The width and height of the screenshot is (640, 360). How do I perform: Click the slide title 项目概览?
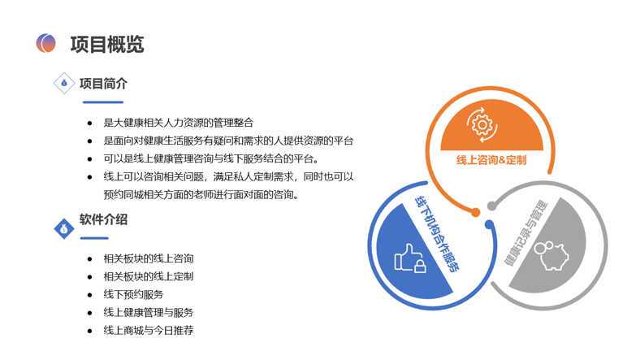coord(107,44)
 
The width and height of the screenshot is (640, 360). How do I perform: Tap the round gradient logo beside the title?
coord(45,43)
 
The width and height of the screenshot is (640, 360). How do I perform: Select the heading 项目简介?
coord(103,84)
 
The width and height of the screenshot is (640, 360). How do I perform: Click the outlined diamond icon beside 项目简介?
coord(64,83)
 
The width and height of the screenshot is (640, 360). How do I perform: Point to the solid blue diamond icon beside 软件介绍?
coord(64,228)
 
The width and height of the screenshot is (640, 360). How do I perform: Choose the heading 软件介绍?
coord(103,219)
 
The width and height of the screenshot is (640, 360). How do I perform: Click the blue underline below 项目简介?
coord(103,102)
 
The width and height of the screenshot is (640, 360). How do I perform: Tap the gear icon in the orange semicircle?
coord(482,125)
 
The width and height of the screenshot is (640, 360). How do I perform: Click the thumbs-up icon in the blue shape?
coord(410,258)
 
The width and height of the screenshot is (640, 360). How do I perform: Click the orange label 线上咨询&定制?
coord(491,160)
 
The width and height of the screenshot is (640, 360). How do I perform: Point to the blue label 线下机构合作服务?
coord(437,234)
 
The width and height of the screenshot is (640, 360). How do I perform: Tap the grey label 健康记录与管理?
coord(526,232)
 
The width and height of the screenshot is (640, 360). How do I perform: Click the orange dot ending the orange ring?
coord(475,212)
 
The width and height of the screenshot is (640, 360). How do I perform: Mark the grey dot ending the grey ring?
coord(492,206)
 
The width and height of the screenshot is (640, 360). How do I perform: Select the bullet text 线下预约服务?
coord(133,294)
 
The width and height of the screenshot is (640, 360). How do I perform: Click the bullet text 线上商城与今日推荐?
coord(149,330)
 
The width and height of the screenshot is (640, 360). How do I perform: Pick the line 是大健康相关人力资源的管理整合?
coord(179,123)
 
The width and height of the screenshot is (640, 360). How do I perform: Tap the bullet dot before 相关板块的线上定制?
coord(90,277)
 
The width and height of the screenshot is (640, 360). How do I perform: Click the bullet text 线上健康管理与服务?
coord(149,312)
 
